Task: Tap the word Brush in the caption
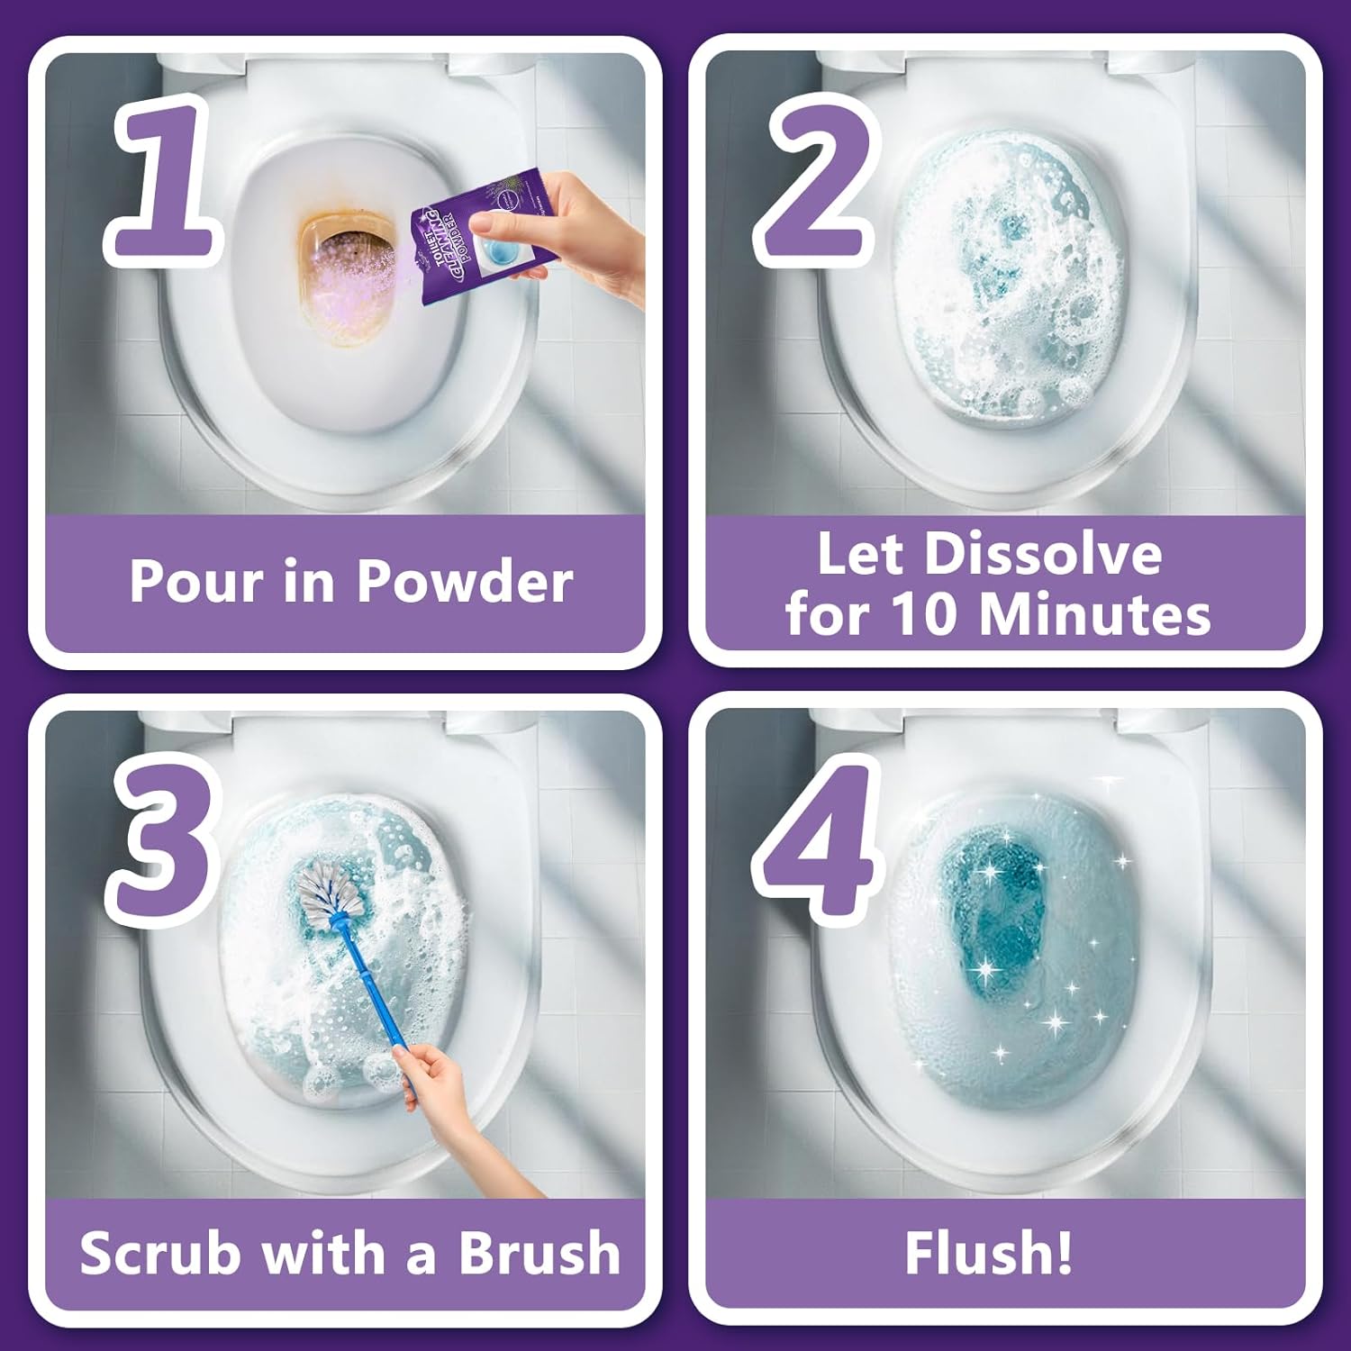(x=539, y=1253)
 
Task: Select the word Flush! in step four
(x=988, y=1253)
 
